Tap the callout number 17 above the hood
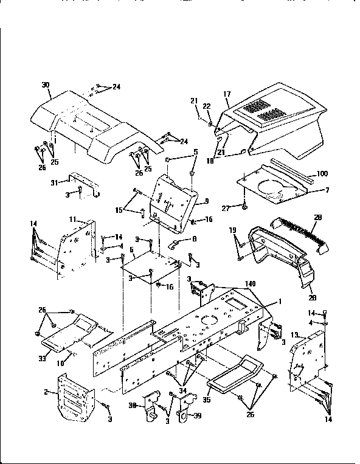point(227,94)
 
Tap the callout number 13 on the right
point(294,335)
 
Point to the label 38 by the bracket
point(131,407)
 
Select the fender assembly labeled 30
point(91,122)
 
